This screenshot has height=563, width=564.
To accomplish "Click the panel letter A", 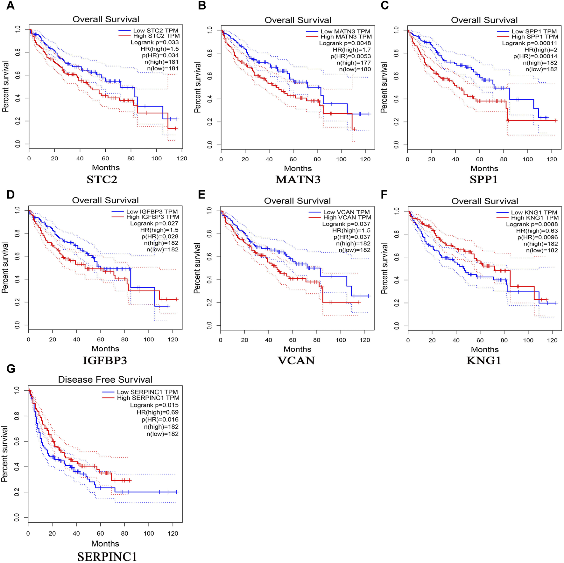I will coord(10,5).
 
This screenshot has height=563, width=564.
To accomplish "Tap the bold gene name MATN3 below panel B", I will coord(298,180).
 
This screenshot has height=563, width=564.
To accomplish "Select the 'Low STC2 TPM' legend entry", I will coord(155,31).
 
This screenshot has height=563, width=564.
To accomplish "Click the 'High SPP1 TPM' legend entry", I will coord(535,37).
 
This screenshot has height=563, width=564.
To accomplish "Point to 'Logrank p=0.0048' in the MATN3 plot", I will coord(345,43).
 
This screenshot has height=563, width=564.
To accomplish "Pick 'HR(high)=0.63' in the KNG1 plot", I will coord(537,231).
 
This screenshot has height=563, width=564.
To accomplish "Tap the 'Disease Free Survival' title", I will coord(105,379).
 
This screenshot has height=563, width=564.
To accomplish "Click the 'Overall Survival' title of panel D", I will coord(105,200).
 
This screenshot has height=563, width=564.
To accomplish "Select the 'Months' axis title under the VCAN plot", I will coord(297,349).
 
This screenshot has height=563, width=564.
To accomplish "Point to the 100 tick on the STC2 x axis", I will coord(156,158).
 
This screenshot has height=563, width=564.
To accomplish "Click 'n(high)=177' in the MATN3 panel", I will coord(354,63).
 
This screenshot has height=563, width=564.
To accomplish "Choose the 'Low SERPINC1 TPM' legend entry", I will coord(147,392).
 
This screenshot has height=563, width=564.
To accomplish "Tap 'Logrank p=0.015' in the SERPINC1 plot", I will coord(154,405).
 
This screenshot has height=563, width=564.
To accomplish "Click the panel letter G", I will coord(11,369).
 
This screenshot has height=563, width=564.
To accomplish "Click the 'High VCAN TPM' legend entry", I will coord(347,217).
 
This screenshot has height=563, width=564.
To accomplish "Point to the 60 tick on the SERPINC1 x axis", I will coord(100,533).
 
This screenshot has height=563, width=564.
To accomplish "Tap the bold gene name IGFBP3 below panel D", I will coord(105,360).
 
